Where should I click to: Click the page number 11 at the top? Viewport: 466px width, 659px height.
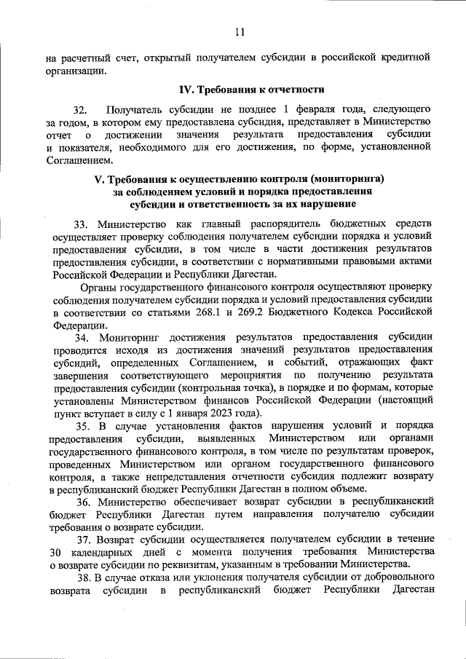(x=240, y=31)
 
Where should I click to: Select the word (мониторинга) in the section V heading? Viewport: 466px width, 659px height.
(x=345, y=178)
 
